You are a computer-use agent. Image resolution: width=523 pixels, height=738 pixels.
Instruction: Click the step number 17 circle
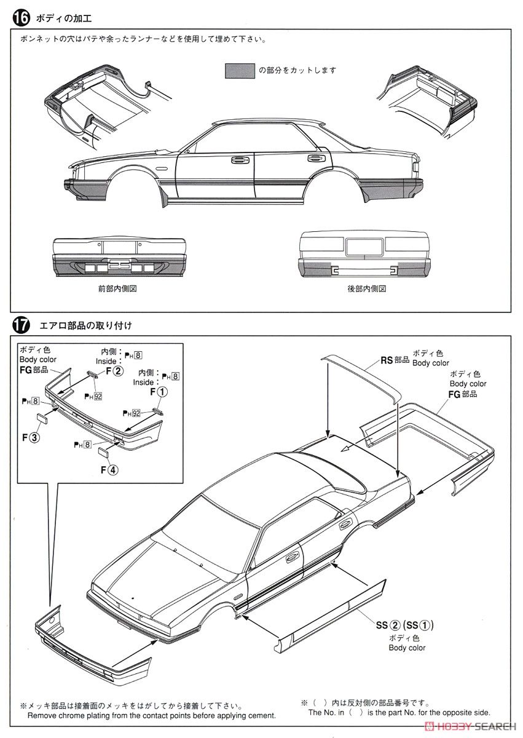[x=20, y=325]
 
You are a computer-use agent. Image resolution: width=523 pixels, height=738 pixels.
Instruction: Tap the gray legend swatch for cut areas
[x=240, y=70]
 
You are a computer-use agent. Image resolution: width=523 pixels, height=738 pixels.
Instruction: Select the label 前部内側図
[x=117, y=288]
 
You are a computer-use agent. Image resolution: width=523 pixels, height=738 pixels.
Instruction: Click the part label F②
[x=114, y=371]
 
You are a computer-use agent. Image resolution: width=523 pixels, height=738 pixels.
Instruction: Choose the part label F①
[x=157, y=391]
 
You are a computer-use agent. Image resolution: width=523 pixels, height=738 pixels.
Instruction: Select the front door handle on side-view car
[x=236, y=161]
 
